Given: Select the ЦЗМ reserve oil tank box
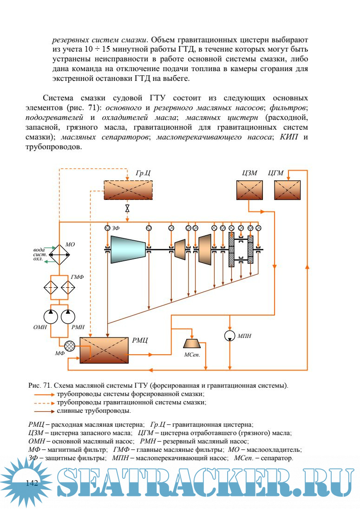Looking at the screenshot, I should click(x=249, y=190).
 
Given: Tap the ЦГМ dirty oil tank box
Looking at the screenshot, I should click(x=287, y=190).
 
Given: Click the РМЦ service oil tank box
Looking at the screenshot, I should click(x=104, y=350).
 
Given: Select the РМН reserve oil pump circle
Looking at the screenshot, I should click(x=68, y=317).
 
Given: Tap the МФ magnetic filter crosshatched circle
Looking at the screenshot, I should click(x=70, y=346).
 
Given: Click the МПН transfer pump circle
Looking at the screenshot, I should click(x=230, y=336).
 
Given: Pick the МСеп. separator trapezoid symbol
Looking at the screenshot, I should click(x=192, y=343).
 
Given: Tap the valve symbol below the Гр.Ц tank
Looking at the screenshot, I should click(x=127, y=208).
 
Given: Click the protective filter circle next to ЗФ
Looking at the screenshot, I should click(x=107, y=228).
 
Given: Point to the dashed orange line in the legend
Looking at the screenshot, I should click(x=44, y=403).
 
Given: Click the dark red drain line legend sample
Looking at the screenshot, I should click(x=44, y=411).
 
